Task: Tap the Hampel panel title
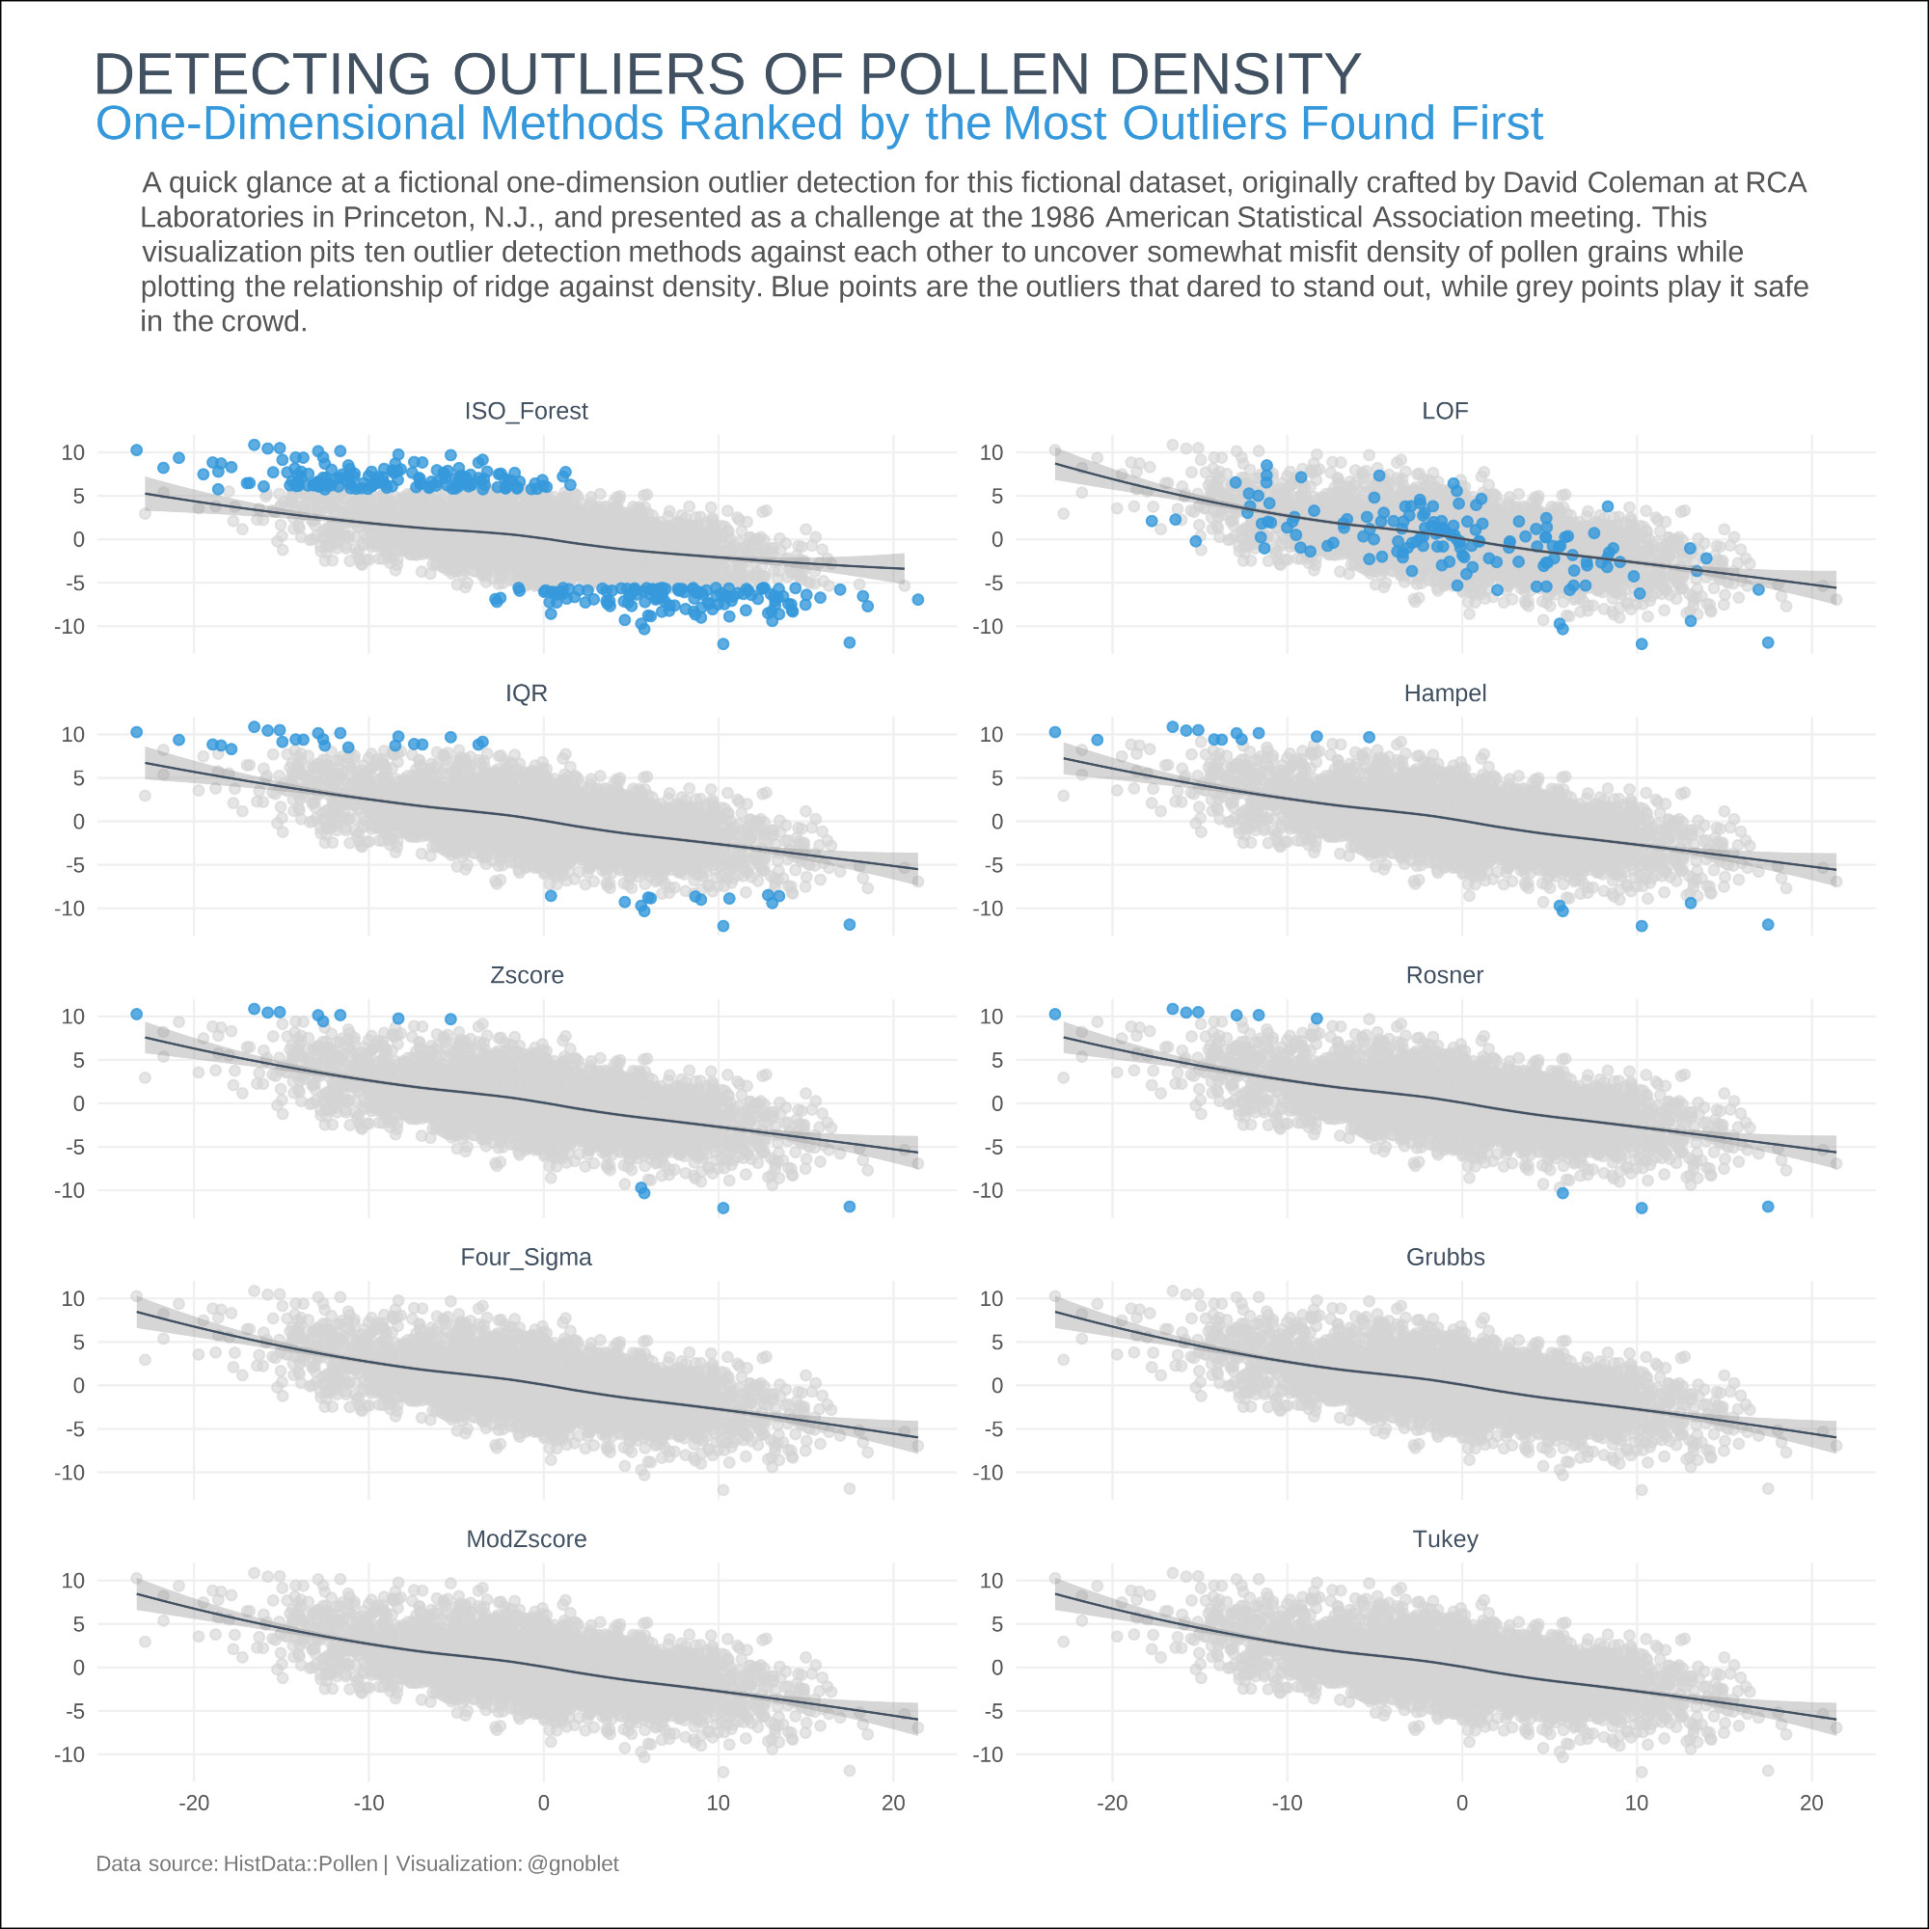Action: pos(1444,693)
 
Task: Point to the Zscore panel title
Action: pos(527,974)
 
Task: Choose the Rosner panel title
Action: pos(1444,974)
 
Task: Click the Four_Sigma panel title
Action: pos(526,1257)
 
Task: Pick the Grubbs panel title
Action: pos(1444,1257)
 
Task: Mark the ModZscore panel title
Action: pos(527,1538)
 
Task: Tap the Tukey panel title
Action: pos(1444,1538)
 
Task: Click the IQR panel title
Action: pos(527,693)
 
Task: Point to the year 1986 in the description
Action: pos(1061,218)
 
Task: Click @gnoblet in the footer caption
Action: pos(572,1863)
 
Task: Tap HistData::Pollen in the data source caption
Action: pos(300,1863)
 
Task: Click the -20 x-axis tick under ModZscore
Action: pos(194,1803)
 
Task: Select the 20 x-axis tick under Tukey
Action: pos(1811,1803)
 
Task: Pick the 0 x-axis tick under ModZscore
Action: pos(543,1803)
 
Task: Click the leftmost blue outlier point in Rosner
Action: pos(1054,1015)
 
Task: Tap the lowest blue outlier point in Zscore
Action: pos(722,1209)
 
